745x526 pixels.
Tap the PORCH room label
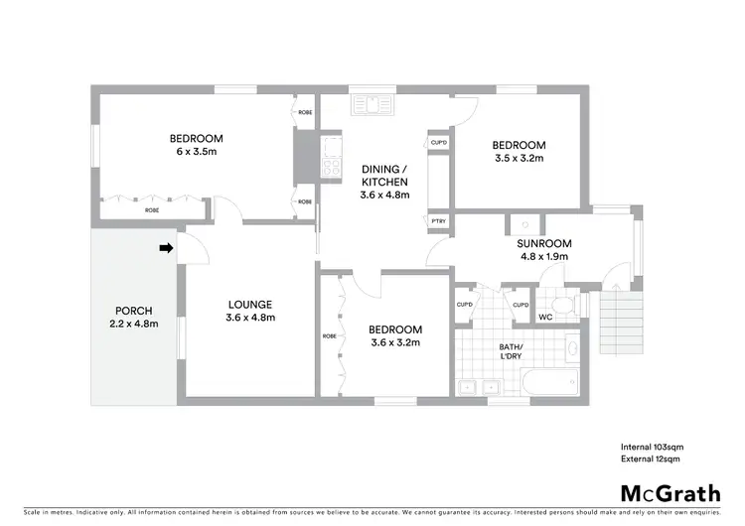pos(133,310)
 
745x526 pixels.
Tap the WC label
pos(545,318)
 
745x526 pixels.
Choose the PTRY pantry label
pos(438,220)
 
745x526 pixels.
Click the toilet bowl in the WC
pos(563,304)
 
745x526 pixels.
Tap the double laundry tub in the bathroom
pos(476,386)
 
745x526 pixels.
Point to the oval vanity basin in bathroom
pos(571,349)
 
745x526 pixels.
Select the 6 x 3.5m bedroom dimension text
pos(196,152)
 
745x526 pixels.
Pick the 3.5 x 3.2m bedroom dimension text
pos(520,158)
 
